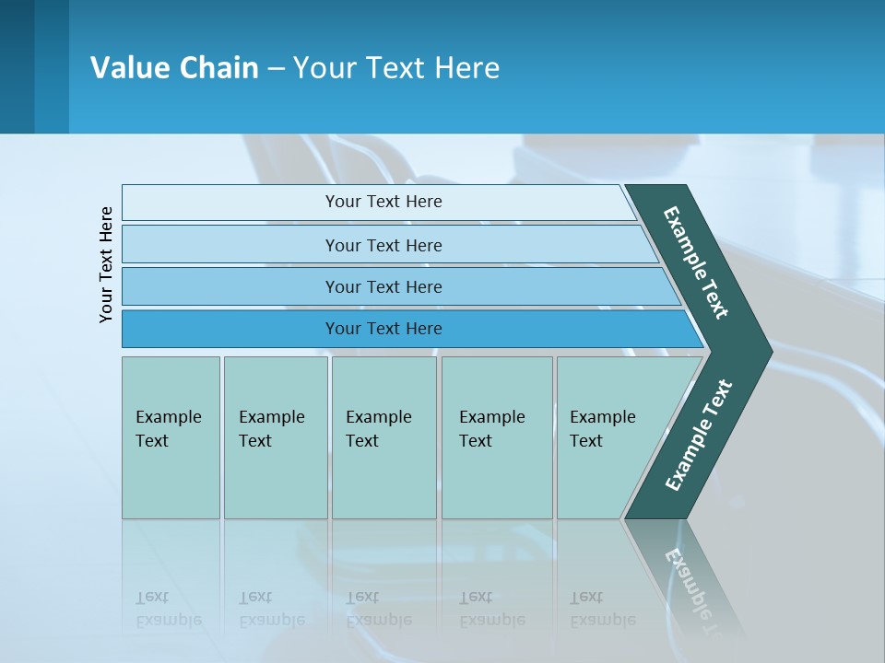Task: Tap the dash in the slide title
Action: (x=276, y=69)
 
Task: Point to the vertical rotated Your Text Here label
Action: (x=106, y=264)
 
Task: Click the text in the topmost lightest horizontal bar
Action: (x=383, y=202)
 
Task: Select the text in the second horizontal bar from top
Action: (x=383, y=246)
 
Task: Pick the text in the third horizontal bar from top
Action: (x=383, y=287)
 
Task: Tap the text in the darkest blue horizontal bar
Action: (x=383, y=329)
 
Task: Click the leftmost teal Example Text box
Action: (x=171, y=437)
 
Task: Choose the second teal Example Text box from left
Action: (x=275, y=437)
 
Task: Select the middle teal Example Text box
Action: (x=383, y=437)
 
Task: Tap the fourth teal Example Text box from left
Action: (x=496, y=437)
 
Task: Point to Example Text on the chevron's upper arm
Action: (x=696, y=262)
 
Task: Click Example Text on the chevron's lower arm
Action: (x=698, y=436)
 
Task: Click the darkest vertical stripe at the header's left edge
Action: (x=17, y=66)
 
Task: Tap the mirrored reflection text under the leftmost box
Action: (x=168, y=609)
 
